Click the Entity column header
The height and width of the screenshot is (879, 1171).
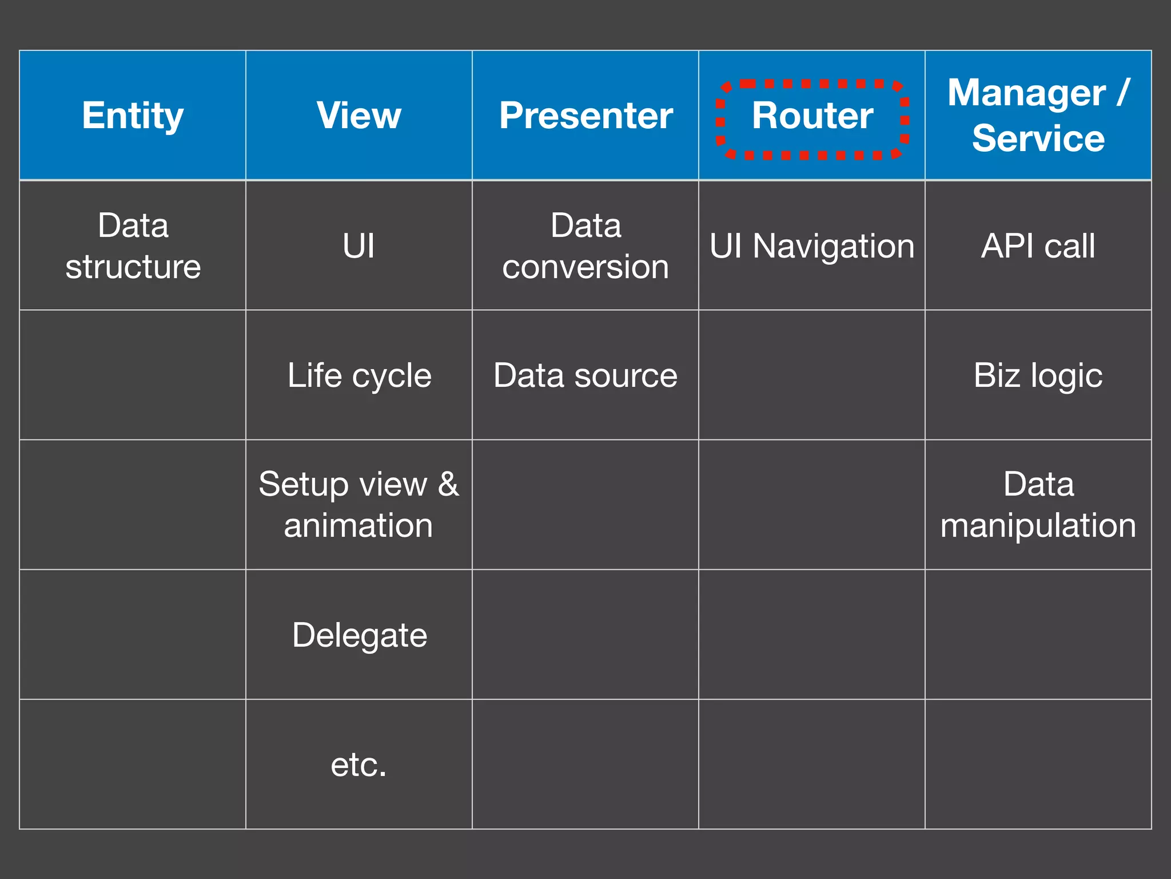pyautogui.click(x=133, y=116)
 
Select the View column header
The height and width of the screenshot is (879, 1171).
pyautogui.click(x=359, y=116)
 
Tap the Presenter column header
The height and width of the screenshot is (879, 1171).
pyautogui.click(x=585, y=116)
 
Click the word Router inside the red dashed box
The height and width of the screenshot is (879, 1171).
pyautogui.click(x=812, y=116)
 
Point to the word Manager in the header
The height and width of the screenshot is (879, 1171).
pyautogui.click(x=1026, y=93)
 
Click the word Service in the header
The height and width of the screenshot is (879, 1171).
pyautogui.click(x=1038, y=138)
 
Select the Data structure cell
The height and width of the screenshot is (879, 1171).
pyautogui.click(x=133, y=246)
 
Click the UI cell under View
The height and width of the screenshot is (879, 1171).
pyautogui.click(x=359, y=246)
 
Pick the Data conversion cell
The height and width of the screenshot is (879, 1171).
pyautogui.click(x=585, y=246)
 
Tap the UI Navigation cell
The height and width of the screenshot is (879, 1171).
pyautogui.click(x=812, y=246)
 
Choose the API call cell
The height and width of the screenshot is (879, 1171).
pyautogui.click(x=1038, y=246)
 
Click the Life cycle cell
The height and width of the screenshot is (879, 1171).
pyautogui.click(x=359, y=375)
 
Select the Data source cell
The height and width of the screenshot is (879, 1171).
pyautogui.click(x=585, y=375)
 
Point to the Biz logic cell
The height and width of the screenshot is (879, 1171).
pyautogui.click(x=1038, y=375)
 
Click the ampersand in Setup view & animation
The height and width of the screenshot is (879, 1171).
pyautogui.click(x=448, y=484)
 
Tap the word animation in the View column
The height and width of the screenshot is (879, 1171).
pyautogui.click(x=359, y=525)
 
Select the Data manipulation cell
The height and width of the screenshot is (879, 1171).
pyautogui.click(x=1038, y=505)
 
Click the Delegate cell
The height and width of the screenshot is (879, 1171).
pyautogui.click(x=359, y=635)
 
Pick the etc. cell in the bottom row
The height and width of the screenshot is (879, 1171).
pyautogui.click(x=359, y=765)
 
